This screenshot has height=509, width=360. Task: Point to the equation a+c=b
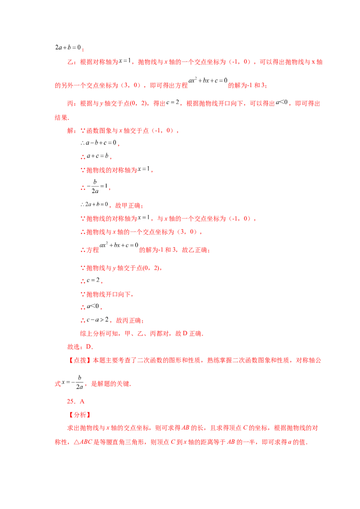pos(98,156)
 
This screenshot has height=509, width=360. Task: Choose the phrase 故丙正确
pos(129,321)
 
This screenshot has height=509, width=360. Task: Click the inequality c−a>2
pos(98,320)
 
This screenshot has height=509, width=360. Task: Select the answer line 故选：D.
pos(80,347)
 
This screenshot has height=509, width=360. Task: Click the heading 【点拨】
pos(80,360)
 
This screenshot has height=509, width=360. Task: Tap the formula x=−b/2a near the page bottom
pos(72,382)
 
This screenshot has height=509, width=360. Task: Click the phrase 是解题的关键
pos(110,384)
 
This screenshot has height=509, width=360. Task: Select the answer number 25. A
pos(76,402)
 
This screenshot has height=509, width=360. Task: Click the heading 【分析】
pos(80,415)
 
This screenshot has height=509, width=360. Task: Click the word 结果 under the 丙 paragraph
pos(61,117)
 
